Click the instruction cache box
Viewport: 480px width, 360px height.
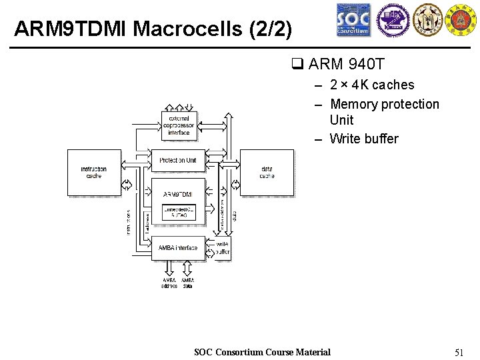pyautogui.click(x=94, y=173)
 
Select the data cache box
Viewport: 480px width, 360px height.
pyautogui.click(x=267, y=173)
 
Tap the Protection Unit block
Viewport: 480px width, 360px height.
pyautogui.click(x=179, y=160)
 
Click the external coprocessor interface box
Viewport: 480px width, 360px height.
pyautogui.click(x=179, y=125)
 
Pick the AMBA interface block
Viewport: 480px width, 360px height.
pyautogui.click(x=178, y=248)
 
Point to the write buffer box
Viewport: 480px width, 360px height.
pyautogui.click(x=222, y=248)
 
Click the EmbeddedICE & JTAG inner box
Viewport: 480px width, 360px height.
pyautogui.click(x=179, y=212)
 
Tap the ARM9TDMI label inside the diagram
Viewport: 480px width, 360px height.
pyautogui.click(x=179, y=194)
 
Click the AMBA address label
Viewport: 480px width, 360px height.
pyautogui.click(x=169, y=283)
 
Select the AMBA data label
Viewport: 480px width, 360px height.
pyautogui.click(x=187, y=283)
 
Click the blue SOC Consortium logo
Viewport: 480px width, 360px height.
pyautogui.click(x=353, y=20)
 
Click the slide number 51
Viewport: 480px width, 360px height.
pyautogui.click(x=458, y=352)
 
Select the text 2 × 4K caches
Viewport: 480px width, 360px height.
pyautogui.click(x=372, y=85)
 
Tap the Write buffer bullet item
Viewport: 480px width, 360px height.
pyautogui.click(x=363, y=139)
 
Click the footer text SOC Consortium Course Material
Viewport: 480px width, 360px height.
pyautogui.click(x=262, y=352)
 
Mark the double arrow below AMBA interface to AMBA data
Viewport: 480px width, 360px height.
pyautogui.click(x=187, y=268)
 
